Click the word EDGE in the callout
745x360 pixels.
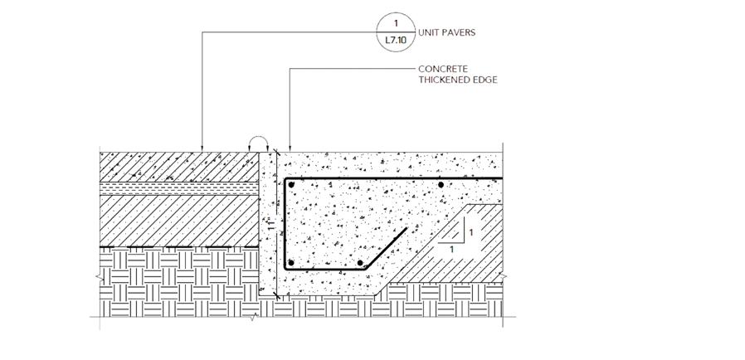pos(488,80)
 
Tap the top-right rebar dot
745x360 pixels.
pos(441,185)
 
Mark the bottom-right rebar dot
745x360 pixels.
pos(360,263)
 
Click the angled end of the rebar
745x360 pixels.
pos(405,231)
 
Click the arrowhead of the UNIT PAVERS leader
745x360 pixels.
pos(203,148)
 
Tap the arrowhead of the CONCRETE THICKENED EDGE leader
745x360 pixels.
pos(289,148)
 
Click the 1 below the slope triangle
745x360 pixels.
pos(451,249)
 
